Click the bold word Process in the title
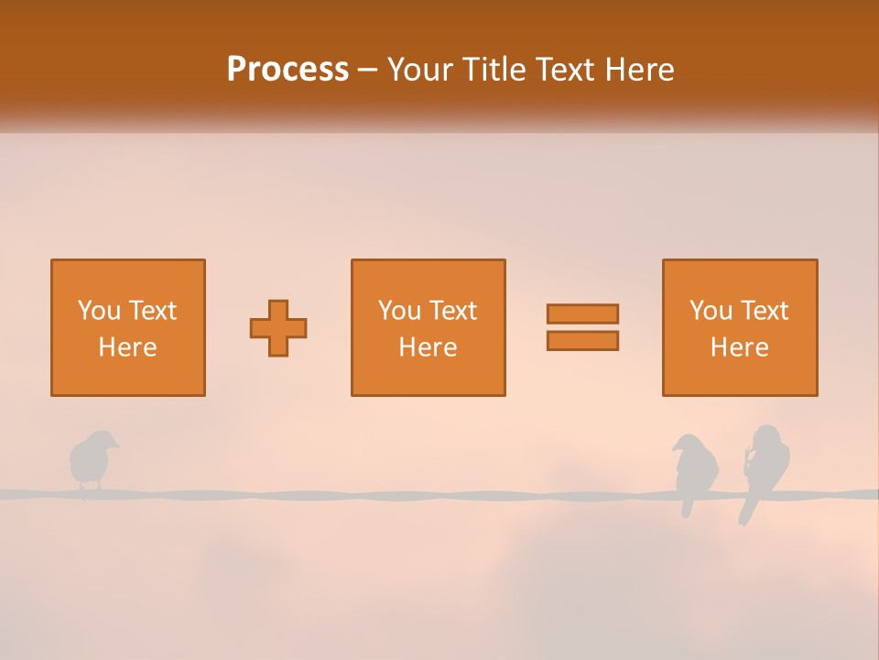[288, 70]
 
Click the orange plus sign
[278, 327]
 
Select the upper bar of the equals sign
[582, 313]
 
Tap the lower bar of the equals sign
[582, 340]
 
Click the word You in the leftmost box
[99, 311]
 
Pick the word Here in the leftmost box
[127, 347]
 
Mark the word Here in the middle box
[428, 347]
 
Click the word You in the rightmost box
[711, 311]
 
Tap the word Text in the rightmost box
[765, 311]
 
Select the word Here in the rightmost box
[739, 347]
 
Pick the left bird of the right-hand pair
[692, 467]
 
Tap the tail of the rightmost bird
[745, 514]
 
